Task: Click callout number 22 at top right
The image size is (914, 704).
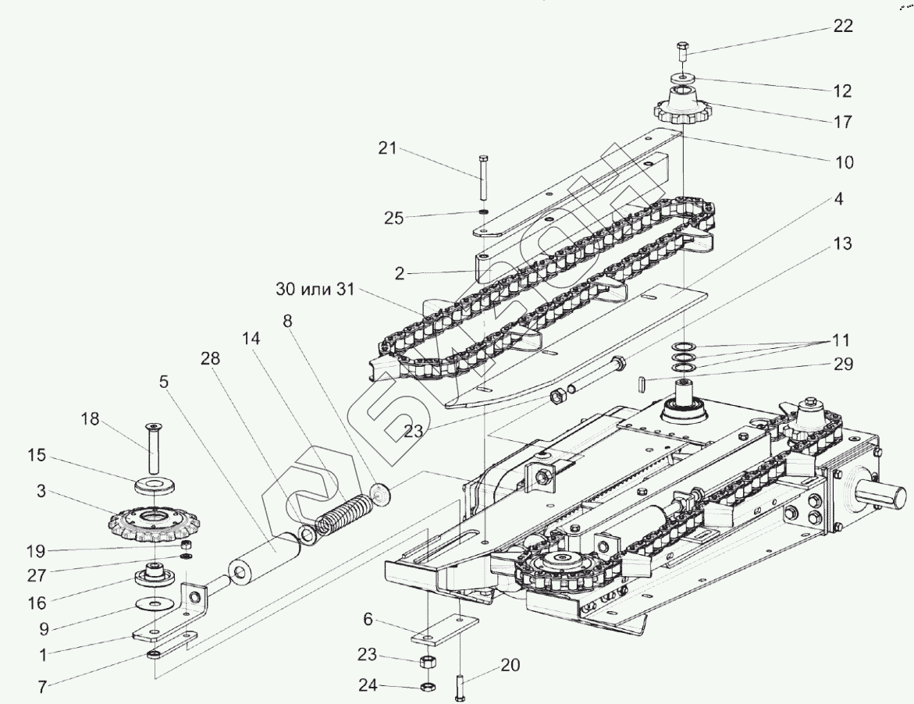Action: click(x=842, y=25)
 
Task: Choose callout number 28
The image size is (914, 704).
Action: click(x=210, y=358)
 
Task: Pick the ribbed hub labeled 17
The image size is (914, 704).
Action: click(x=681, y=108)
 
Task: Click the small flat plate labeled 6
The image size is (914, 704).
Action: click(x=443, y=631)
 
